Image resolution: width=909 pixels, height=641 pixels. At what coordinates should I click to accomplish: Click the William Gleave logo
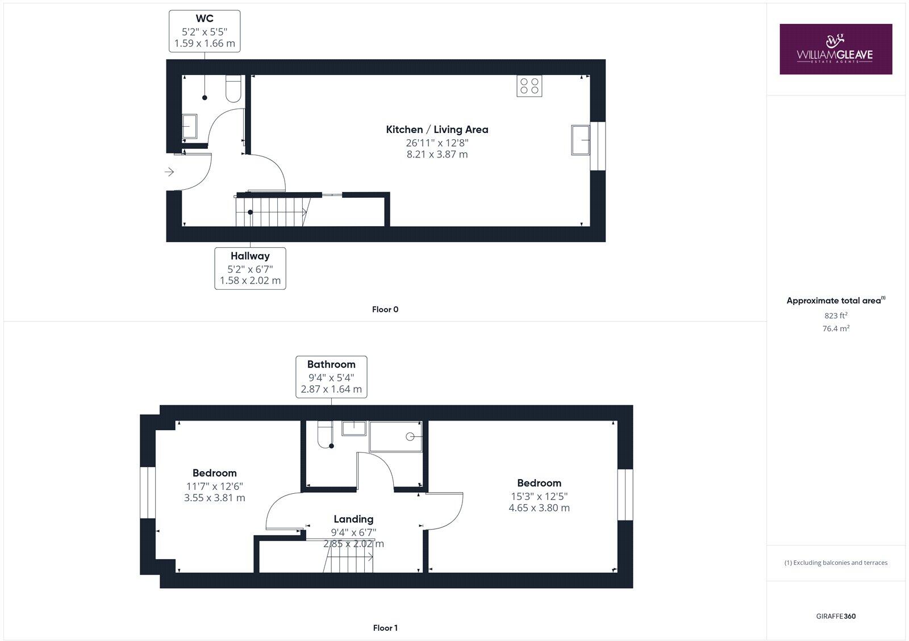tap(835, 49)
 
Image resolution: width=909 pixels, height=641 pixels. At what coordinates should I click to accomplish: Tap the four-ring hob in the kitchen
tap(529, 86)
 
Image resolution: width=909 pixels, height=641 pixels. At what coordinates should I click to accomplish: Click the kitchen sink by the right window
tap(581, 140)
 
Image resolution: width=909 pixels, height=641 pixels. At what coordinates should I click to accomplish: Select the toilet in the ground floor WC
tap(233, 90)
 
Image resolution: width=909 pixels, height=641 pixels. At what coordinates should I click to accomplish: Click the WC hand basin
tap(189, 126)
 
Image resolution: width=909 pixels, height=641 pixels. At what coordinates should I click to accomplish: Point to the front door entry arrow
tap(169, 172)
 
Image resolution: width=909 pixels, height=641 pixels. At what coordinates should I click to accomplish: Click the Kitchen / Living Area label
tap(437, 130)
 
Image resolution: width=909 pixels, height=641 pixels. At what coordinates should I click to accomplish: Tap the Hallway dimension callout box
tap(250, 268)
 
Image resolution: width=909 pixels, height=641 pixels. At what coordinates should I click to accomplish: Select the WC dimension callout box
tap(205, 31)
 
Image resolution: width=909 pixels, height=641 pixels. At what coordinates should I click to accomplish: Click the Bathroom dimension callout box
tap(331, 377)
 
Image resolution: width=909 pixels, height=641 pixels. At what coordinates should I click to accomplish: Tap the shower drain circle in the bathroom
tap(410, 436)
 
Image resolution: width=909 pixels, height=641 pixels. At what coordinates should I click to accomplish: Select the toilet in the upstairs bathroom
tap(325, 434)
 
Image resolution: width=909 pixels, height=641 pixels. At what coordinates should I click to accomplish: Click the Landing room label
tap(353, 519)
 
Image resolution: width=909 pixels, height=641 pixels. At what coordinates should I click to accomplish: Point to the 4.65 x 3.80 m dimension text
tap(539, 508)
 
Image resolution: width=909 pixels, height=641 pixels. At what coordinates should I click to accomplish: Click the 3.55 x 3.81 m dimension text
tap(214, 498)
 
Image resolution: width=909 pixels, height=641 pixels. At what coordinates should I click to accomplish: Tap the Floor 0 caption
tap(385, 310)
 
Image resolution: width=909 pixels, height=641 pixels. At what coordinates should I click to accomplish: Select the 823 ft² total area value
tap(836, 315)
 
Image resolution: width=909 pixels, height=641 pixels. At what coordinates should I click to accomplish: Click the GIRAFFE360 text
tap(836, 616)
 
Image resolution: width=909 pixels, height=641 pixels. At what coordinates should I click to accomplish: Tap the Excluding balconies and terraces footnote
tap(836, 563)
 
